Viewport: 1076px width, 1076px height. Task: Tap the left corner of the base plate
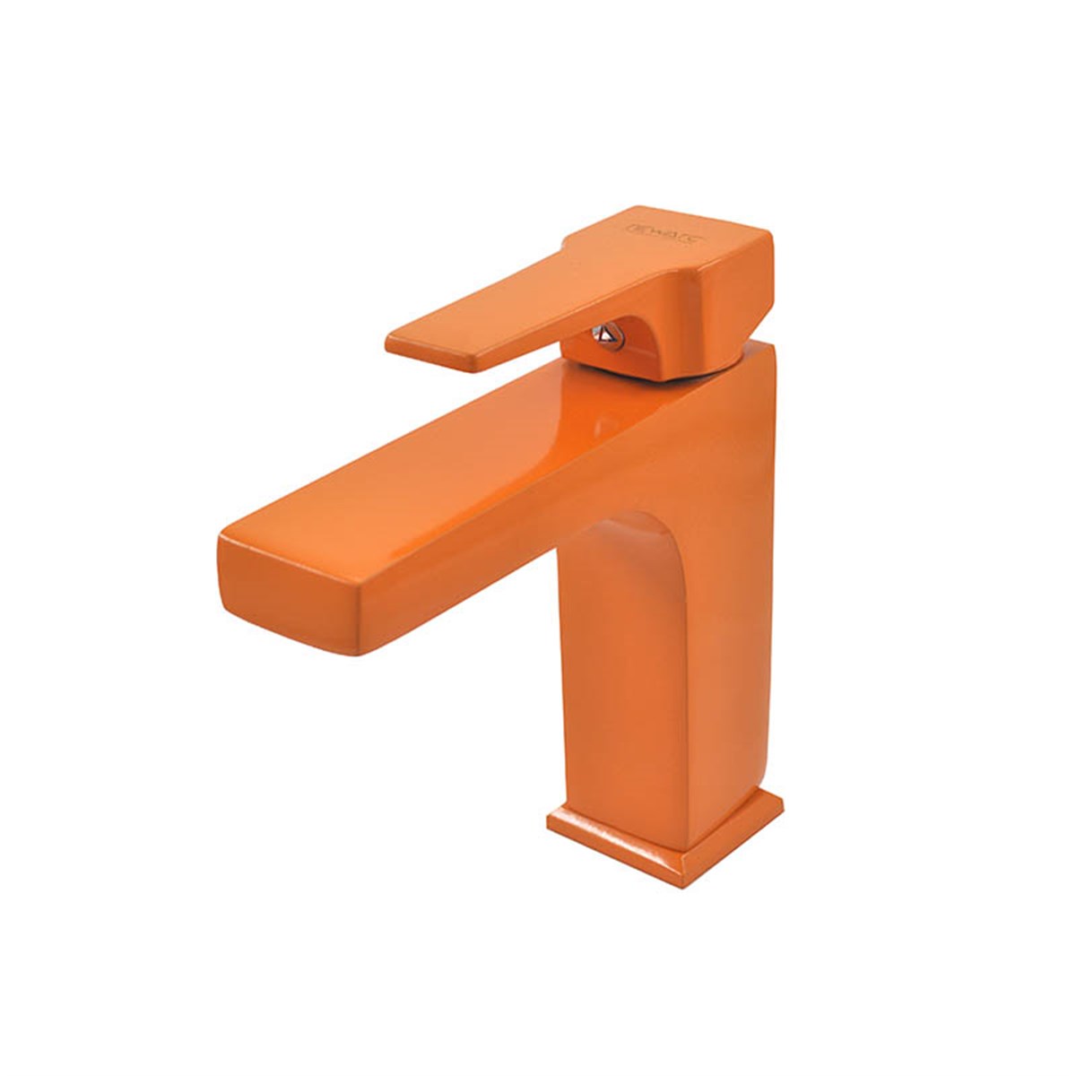point(549,818)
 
